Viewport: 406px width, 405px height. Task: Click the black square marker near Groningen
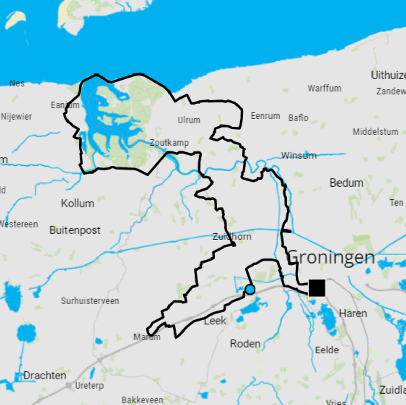tap(317, 287)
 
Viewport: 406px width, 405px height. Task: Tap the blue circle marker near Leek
tap(250, 289)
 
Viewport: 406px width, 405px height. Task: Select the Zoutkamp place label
tap(170, 143)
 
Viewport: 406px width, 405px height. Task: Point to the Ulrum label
tap(189, 120)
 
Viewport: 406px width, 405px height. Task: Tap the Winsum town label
tap(298, 155)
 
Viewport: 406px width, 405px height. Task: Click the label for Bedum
tap(347, 182)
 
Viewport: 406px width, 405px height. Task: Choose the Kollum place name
tap(78, 203)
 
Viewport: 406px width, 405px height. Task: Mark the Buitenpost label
tap(75, 230)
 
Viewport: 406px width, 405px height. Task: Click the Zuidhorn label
tap(232, 237)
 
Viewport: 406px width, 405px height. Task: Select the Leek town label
tap(215, 321)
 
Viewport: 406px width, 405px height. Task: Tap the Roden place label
tap(246, 344)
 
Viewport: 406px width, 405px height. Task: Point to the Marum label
tap(147, 337)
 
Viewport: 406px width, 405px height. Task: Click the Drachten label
tap(45, 376)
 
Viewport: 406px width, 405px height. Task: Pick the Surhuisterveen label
tap(90, 301)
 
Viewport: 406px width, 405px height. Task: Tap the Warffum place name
tap(324, 88)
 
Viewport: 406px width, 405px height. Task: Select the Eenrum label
tap(265, 116)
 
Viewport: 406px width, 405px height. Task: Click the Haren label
tap(353, 313)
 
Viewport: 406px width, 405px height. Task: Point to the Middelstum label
tap(376, 132)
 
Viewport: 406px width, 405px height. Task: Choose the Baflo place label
tap(298, 118)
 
